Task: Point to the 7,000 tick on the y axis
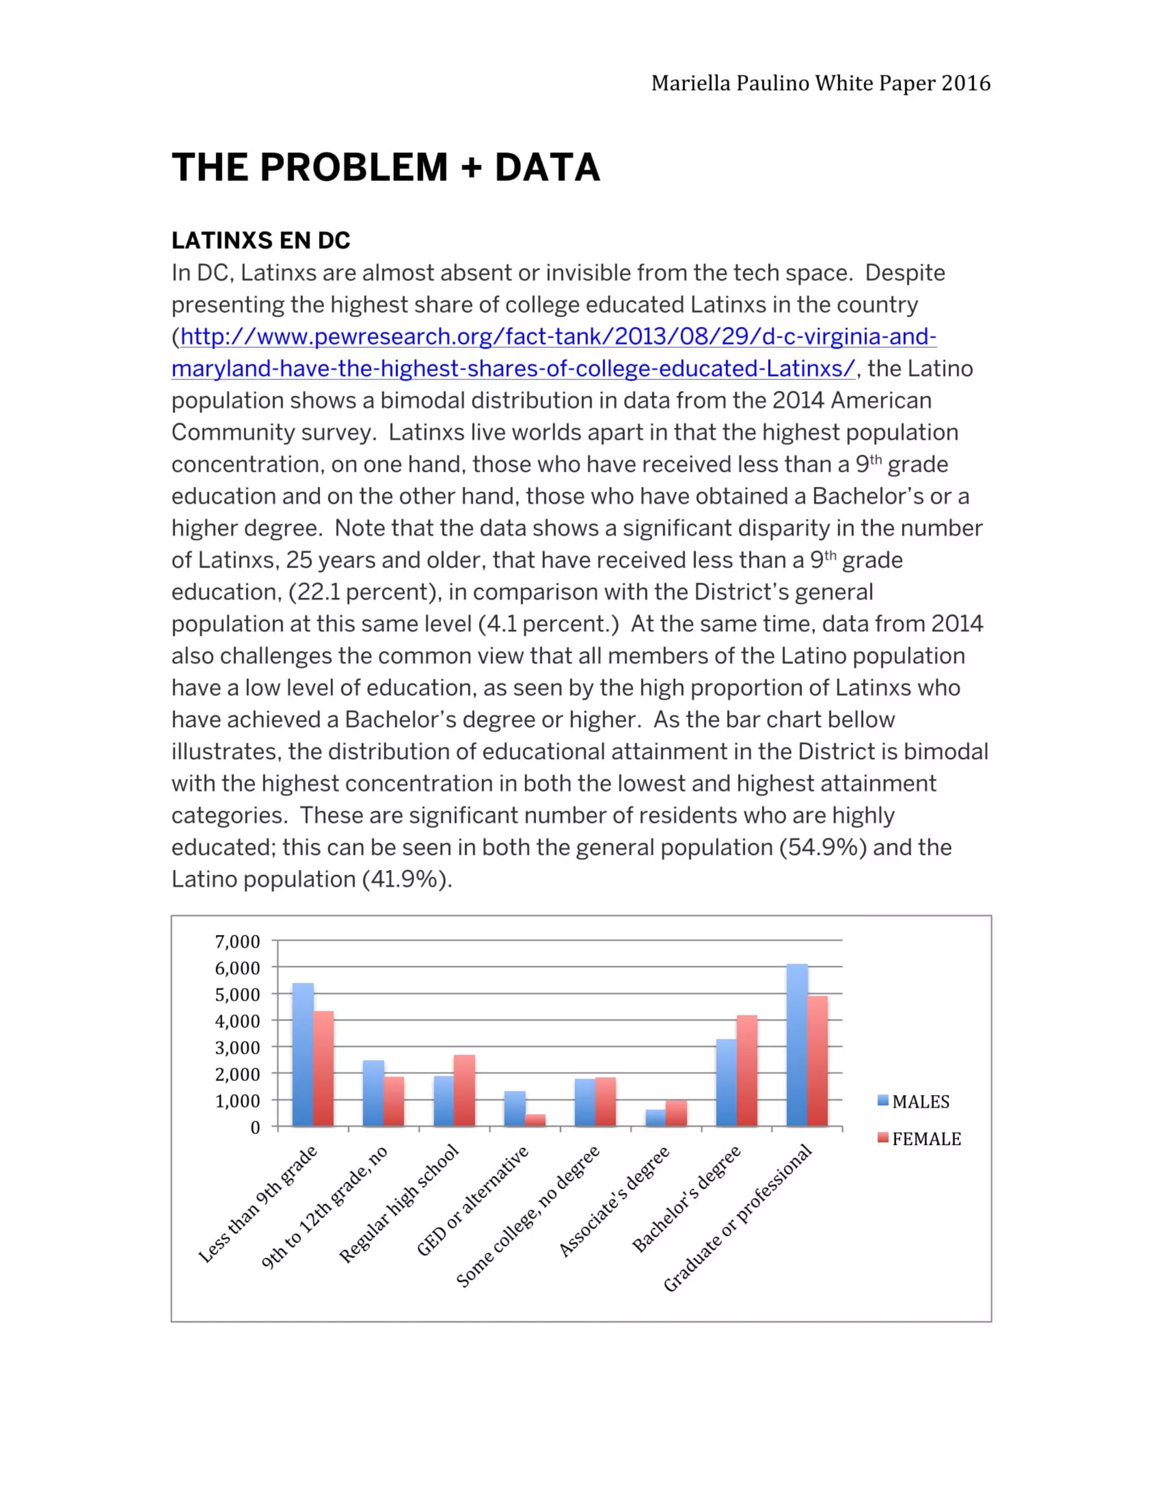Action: tap(237, 941)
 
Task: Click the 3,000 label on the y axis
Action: tap(237, 1047)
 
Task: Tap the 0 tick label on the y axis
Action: tap(255, 1127)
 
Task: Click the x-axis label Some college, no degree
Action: tap(529, 1216)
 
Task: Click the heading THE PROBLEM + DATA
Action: tap(386, 167)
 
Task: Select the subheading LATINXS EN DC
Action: tap(261, 241)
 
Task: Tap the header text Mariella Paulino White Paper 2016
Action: tap(820, 83)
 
